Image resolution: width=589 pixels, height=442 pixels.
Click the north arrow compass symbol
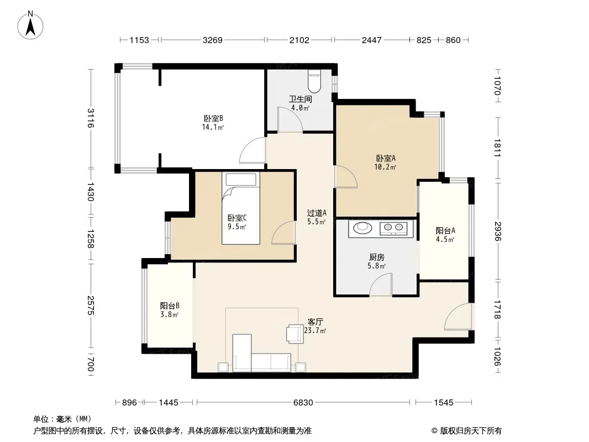pos(30,25)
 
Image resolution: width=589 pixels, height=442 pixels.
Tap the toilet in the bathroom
pos(314,81)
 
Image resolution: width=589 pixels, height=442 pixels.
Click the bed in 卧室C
pos(241,208)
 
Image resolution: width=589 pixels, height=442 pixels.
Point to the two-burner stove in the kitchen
pos(393,228)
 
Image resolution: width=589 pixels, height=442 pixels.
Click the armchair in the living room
pos(295,334)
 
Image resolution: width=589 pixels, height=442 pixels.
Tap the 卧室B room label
pos(213,119)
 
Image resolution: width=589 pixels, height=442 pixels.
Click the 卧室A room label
pos(386,159)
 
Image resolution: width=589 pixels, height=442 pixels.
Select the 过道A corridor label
pos(316,213)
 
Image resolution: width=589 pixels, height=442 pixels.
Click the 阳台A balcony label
pos(445,230)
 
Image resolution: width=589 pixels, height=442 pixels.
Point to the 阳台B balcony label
pos(170,306)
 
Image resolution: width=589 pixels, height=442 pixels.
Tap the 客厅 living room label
pos(315,322)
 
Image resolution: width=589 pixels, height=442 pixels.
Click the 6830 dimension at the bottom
pos(303,403)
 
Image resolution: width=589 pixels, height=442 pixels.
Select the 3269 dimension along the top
pos(213,40)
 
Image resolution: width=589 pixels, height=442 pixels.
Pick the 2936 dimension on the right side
pos(498,231)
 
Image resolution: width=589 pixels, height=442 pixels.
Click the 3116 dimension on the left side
pos(91,118)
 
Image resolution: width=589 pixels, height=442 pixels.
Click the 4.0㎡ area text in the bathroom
pos(300,108)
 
